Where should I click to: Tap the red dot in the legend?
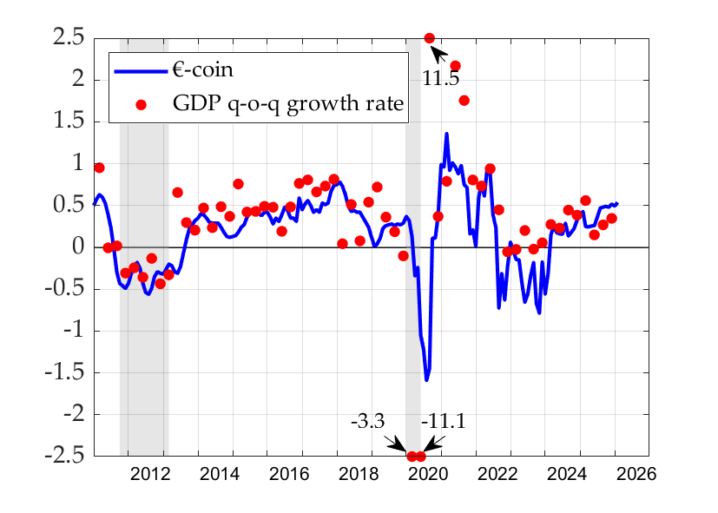[x=142, y=104]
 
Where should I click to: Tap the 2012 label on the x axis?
[x=150, y=475]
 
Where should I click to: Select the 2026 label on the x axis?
[x=637, y=475]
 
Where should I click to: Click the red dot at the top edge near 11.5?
[x=429, y=38]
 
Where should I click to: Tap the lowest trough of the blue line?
[x=426, y=379]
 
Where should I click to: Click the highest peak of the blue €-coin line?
[x=446, y=134]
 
